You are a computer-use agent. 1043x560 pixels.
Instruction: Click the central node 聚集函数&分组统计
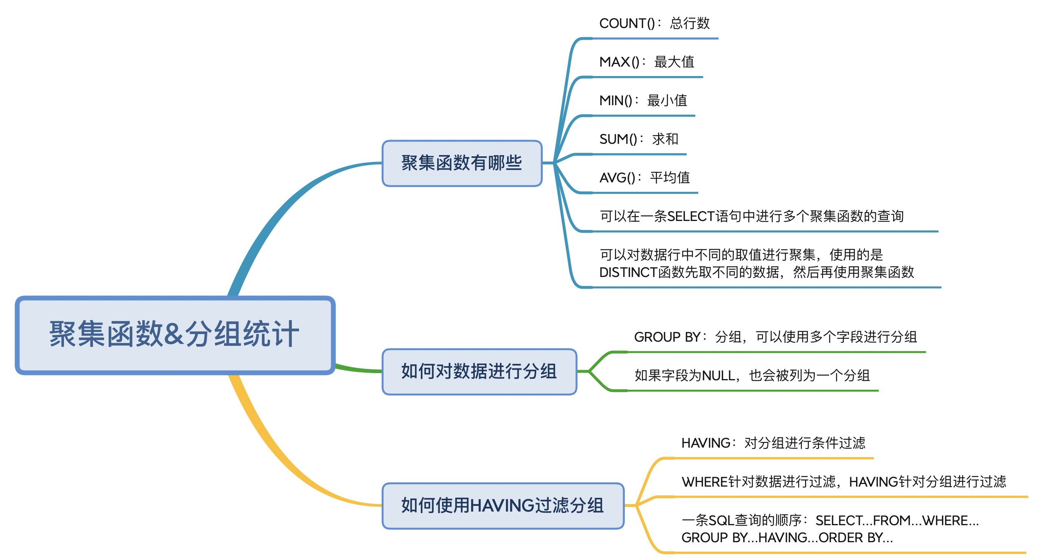point(175,335)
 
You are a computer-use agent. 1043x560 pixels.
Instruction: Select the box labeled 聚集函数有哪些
point(462,163)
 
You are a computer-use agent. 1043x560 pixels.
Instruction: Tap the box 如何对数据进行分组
point(479,371)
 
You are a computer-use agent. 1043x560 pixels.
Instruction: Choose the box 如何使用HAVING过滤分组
point(503,506)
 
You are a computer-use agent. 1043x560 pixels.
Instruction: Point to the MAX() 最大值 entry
point(647,62)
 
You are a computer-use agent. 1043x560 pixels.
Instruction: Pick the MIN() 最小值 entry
point(643,100)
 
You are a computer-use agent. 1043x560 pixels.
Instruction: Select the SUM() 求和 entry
point(638,139)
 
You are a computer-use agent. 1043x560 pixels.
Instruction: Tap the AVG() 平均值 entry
point(644,177)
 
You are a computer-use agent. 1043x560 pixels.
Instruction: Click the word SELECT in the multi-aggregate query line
point(691,216)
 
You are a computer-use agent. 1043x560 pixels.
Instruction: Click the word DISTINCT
point(628,272)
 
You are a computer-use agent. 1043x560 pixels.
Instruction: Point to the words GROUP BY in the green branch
point(667,337)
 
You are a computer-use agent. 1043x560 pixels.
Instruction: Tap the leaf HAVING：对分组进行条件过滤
point(773,443)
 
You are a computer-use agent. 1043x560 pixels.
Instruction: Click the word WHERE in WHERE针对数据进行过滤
point(705,482)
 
